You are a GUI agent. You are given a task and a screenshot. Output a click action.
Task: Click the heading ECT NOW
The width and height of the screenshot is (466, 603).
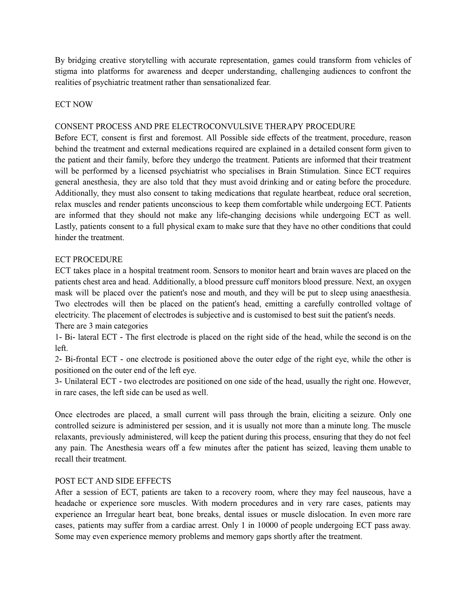74,104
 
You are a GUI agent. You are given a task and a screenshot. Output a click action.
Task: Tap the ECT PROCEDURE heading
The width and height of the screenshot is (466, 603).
89,259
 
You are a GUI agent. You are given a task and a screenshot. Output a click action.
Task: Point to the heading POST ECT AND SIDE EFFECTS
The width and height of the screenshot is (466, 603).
113,481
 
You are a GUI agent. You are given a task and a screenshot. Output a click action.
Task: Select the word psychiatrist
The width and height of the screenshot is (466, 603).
182,171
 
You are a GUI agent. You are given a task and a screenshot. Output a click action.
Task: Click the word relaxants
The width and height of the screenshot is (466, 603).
70,437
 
